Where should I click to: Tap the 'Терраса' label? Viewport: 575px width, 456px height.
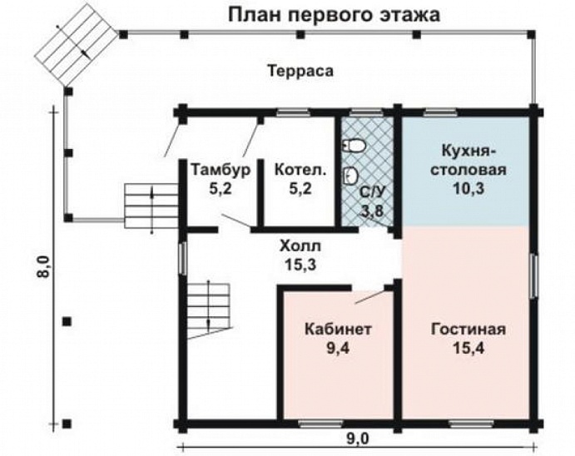click(x=300, y=72)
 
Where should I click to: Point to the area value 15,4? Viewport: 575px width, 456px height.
click(x=468, y=347)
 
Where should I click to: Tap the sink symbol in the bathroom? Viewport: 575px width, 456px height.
click(x=351, y=176)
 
